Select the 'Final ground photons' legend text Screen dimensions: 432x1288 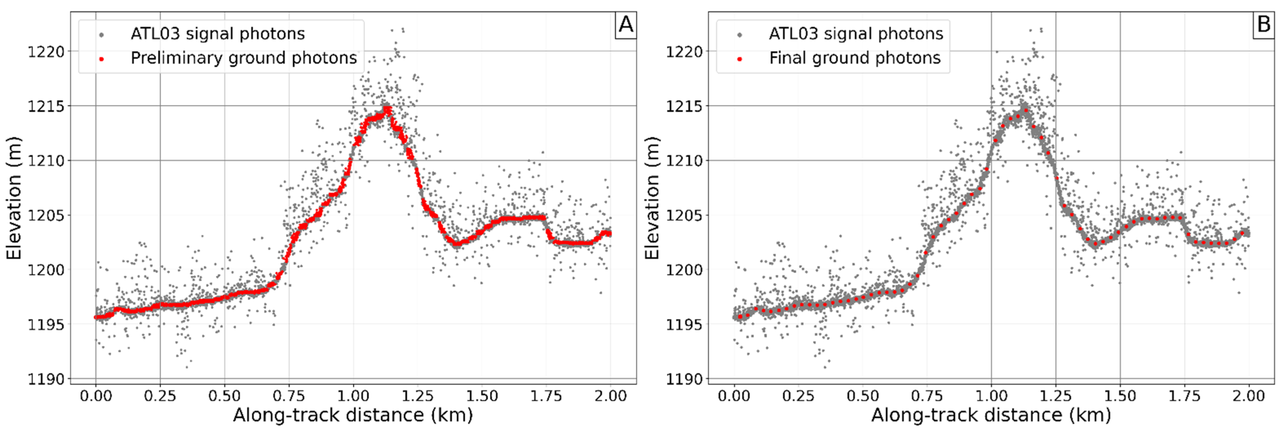(x=855, y=59)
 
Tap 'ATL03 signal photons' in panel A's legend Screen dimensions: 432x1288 (x=217, y=34)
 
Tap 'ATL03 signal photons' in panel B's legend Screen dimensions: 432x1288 (x=855, y=34)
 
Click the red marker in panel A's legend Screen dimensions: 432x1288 (x=101, y=59)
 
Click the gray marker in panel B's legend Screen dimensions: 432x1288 (x=739, y=34)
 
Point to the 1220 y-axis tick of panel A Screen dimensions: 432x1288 (x=46, y=51)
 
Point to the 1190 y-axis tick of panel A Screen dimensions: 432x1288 (x=46, y=379)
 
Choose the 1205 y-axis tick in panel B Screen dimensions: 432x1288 (x=684, y=215)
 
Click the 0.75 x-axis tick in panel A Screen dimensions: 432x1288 (x=289, y=396)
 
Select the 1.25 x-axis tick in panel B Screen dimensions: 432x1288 (x=1056, y=396)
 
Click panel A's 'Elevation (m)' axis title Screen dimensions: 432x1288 (x=14, y=198)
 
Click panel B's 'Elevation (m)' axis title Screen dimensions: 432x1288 (x=652, y=198)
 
